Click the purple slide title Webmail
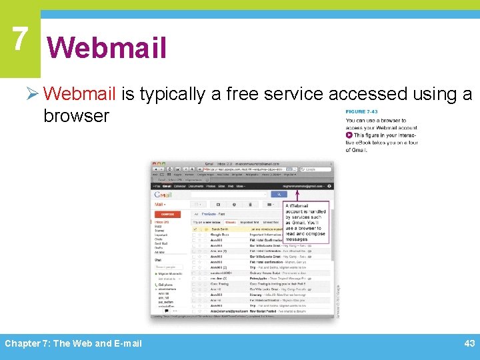pos(107,48)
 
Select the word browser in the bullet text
pos(76,116)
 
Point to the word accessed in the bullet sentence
pos(366,95)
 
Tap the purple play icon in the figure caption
pos(349,135)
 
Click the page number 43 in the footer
pos(469,343)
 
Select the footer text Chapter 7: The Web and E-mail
pos(73,343)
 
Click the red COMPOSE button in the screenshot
pos(167,214)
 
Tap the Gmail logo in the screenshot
pos(164,195)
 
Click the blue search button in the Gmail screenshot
pos(277,195)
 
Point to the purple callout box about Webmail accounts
pos(306,223)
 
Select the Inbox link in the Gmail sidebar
pos(162,222)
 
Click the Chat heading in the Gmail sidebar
pos(159,261)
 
